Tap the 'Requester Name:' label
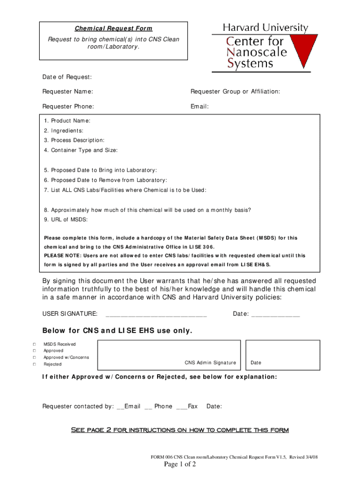click(67, 92)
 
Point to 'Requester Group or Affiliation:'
click(235, 92)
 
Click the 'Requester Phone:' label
click(68, 107)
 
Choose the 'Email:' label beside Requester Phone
click(199, 107)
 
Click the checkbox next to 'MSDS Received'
click(34, 344)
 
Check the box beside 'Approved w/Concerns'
click(34, 357)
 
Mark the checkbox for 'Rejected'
click(34, 364)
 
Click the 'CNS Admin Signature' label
click(210, 363)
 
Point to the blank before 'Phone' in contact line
click(148, 407)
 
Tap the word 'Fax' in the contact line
click(193, 406)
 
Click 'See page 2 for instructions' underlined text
click(180, 430)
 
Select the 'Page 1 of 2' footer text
click(180, 464)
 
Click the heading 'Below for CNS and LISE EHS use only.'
click(117, 331)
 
